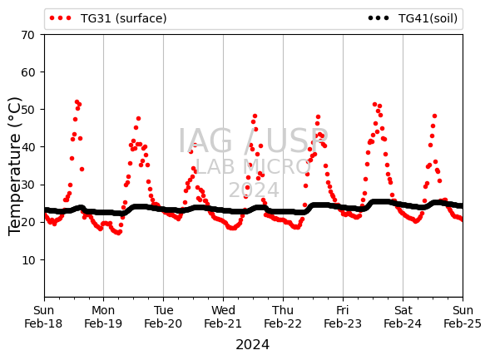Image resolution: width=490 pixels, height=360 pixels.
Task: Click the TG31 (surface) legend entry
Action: click(x=108, y=18)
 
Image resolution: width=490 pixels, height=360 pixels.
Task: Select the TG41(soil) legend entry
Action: click(x=413, y=18)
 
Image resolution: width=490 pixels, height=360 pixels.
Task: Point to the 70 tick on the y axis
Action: click(x=27, y=35)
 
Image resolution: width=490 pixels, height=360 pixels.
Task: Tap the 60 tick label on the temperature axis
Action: click(x=27, y=72)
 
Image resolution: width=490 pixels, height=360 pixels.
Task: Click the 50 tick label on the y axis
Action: click(x=27, y=110)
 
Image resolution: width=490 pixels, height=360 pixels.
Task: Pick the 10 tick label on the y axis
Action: click(x=27, y=260)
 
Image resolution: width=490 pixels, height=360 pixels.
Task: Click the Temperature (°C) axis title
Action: click(x=15, y=166)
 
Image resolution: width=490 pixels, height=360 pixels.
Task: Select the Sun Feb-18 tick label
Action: click(x=43, y=317)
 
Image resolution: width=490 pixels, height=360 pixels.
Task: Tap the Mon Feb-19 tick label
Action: click(x=103, y=317)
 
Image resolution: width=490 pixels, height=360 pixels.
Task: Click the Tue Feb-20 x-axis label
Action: click(x=163, y=317)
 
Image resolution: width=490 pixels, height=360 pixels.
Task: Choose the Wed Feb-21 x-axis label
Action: click(x=223, y=317)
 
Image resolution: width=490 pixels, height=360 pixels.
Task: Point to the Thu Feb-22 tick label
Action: click(x=283, y=317)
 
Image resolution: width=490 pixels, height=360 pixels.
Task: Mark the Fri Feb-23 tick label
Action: click(x=343, y=317)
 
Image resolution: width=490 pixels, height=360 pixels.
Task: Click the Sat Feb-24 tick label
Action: click(x=403, y=317)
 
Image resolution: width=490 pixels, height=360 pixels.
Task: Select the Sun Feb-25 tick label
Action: click(x=463, y=317)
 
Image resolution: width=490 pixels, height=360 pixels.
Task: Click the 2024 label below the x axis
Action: click(x=253, y=345)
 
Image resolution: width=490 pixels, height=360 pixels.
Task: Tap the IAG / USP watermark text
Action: click(x=253, y=141)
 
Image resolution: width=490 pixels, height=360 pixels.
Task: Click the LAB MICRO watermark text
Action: click(x=253, y=167)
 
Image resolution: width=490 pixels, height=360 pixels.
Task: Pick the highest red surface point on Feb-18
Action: click(x=77, y=101)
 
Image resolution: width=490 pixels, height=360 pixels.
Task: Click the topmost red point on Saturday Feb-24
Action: click(x=434, y=116)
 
